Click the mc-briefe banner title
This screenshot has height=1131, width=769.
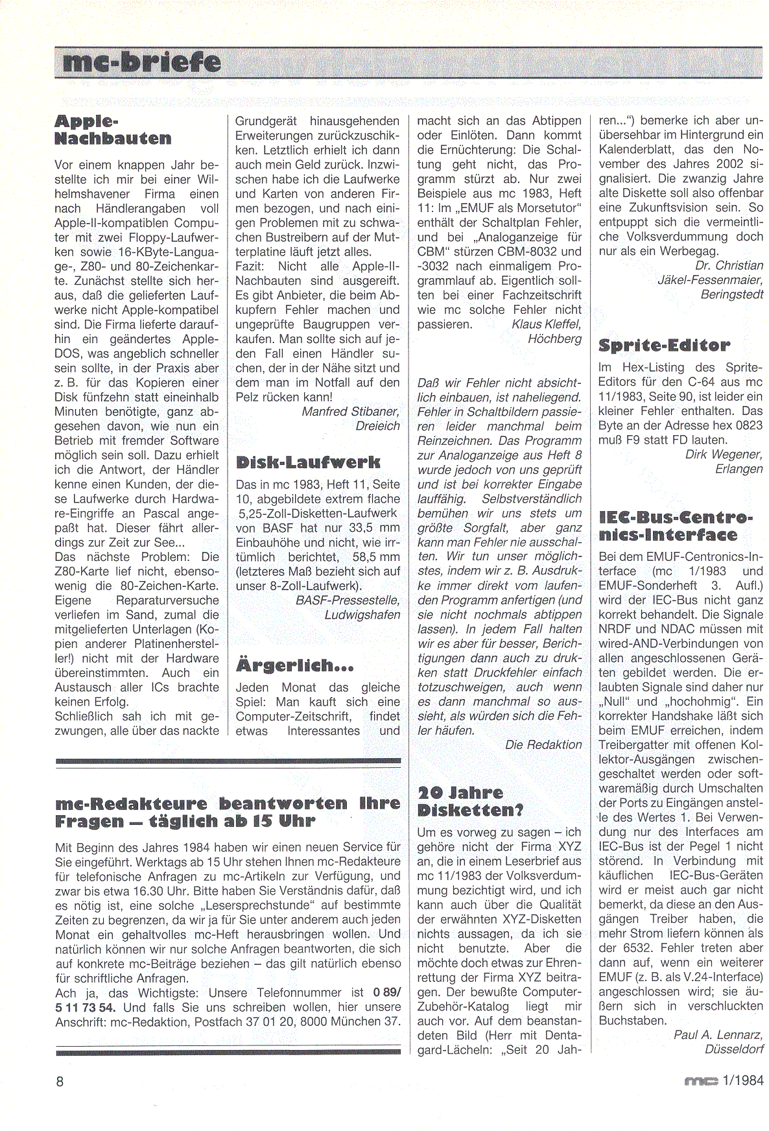pos(139,64)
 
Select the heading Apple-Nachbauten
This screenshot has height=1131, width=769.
pos(113,130)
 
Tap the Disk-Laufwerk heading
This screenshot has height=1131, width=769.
pos(307,462)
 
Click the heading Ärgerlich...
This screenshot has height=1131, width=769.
pos(295,665)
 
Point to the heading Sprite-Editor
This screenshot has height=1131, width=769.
pos(664,346)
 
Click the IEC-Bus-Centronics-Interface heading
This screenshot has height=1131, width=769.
pos(676,527)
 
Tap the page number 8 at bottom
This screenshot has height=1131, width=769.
pos(60,1082)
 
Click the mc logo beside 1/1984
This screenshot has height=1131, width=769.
pos(702,1081)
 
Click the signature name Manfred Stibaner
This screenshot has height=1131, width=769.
pos(351,411)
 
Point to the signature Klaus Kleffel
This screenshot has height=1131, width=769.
pos(546,324)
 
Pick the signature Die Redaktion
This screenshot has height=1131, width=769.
pos(543,744)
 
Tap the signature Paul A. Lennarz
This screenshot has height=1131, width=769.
pos(718,1034)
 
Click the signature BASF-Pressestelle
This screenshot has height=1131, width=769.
pos(348,601)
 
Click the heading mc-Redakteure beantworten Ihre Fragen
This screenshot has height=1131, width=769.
pos(228,812)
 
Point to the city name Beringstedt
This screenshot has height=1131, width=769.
pos(731,294)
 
